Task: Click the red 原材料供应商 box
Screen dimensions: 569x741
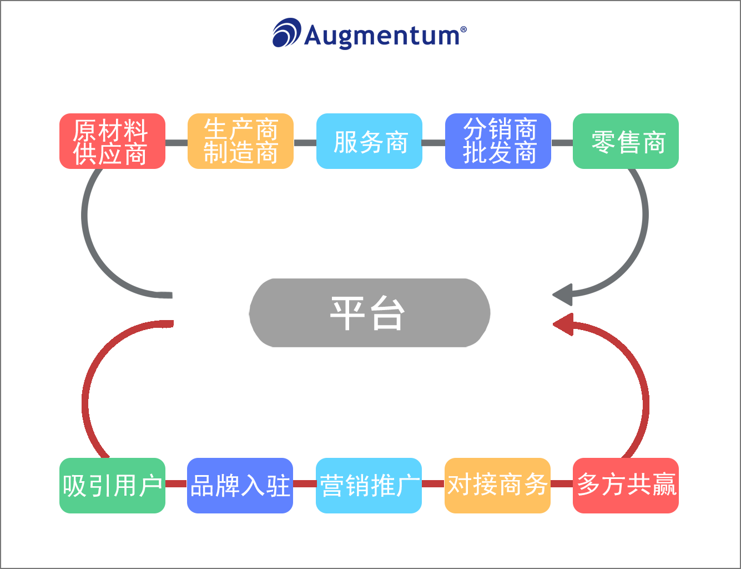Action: (112, 141)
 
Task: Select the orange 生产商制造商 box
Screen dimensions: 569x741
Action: (240, 141)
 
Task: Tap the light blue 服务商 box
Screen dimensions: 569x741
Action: (369, 141)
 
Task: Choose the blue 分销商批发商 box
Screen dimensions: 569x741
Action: (498, 141)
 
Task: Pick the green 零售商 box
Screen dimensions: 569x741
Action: (626, 141)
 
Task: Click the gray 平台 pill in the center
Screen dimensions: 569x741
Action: (370, 313)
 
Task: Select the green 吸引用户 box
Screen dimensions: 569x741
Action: (112, 486)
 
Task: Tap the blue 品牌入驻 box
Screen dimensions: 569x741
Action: (240, 486)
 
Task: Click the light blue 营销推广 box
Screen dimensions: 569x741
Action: (369, 486)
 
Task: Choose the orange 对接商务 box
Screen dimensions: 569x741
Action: (497, 486)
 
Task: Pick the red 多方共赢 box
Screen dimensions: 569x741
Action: (626, 486)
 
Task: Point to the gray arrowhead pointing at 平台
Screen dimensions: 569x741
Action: (563, 295)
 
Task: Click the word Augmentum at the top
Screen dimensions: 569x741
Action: (382, 36)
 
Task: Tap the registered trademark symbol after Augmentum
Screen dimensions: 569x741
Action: (463, 29)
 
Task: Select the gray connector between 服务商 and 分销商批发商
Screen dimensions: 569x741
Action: (433, 143)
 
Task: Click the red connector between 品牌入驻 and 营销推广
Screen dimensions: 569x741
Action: (304, 483)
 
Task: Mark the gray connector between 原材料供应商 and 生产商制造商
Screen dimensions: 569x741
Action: (177, 143)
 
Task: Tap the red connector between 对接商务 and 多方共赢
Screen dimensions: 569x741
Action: (562, 483)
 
